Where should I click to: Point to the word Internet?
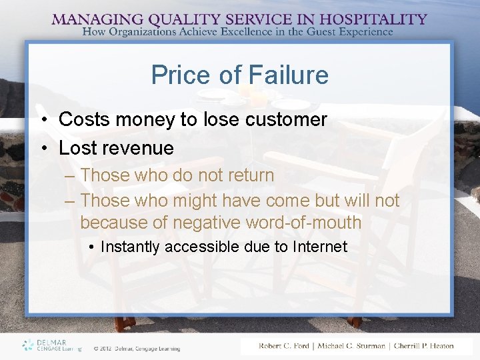[x=320, y=247]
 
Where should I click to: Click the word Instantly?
[x=130, y=247]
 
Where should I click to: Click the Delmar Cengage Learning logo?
[x=51, y=345]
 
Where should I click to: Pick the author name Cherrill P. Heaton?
[x=423, y=345]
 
